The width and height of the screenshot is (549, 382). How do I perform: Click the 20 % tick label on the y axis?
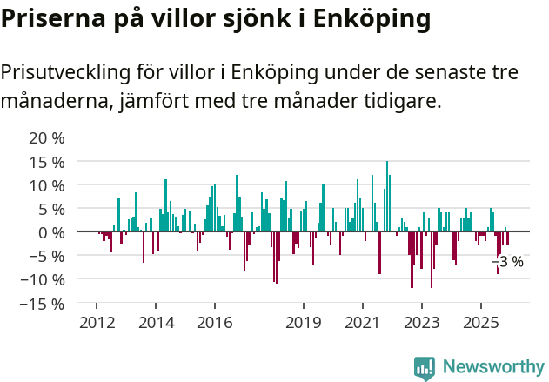click(47, 138)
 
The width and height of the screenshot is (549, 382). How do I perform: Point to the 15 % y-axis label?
click(47, 162)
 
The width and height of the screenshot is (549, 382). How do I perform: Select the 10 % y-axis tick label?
click(47, 185)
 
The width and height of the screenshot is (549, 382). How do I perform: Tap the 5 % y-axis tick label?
click(51, 209)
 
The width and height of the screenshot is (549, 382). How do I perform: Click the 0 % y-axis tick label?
click(51, 232)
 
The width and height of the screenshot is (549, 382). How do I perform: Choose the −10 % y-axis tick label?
click(44, 279)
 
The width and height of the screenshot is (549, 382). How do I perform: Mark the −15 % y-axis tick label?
click(44, 304)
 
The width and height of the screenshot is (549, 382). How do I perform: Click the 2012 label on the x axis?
click(97, 323)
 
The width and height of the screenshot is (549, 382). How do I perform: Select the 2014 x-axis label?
click(156, 323)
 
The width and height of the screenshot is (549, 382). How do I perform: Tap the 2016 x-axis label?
click(214, 323)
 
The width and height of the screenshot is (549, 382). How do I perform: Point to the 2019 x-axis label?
click(303, 323)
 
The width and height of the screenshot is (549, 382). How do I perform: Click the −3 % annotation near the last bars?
click(508, 262)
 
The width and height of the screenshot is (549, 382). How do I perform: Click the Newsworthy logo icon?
click(425, 368)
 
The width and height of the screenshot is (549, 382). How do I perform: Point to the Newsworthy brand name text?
click(492, 368)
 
